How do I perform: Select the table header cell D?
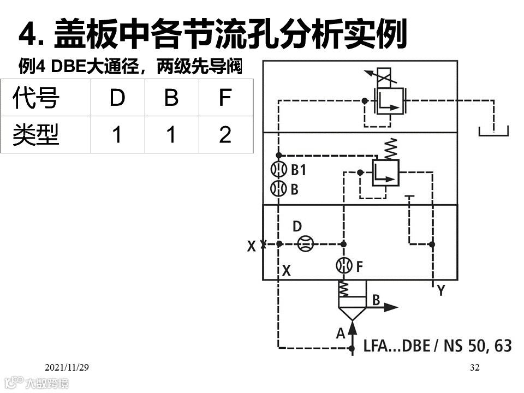point(117,98)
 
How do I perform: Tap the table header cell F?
point(225,98)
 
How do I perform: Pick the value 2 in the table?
point(225,134)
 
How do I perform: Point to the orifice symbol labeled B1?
point(279,170)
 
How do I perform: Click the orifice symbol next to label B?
point(279,189)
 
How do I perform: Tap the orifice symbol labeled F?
point(344,266)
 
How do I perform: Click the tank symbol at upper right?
point(493,132)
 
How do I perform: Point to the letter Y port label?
point(441,290)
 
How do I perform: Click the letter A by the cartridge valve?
point(341,333)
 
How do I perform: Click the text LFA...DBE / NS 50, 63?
point(437,346)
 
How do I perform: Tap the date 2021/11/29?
point(67,367)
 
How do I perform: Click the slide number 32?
point(474,367)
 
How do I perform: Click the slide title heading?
point(213,34)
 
